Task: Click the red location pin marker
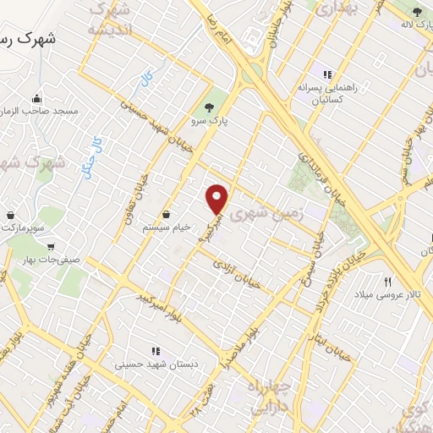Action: (218, 200)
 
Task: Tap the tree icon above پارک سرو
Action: (208, 107)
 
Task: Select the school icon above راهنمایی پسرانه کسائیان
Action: (327, 74)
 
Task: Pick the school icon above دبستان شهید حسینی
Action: (155, 350)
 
